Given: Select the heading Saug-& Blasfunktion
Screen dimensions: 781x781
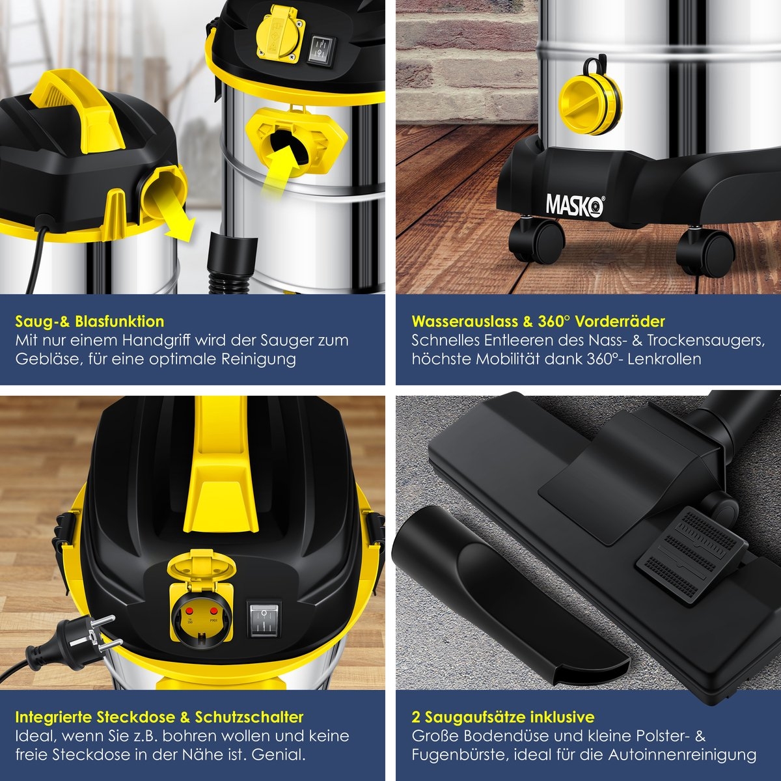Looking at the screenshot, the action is coord(90,322).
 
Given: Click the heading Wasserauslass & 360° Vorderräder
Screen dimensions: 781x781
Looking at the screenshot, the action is coord(538,322).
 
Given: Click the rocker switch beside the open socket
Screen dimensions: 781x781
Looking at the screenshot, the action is coord(264,619).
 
